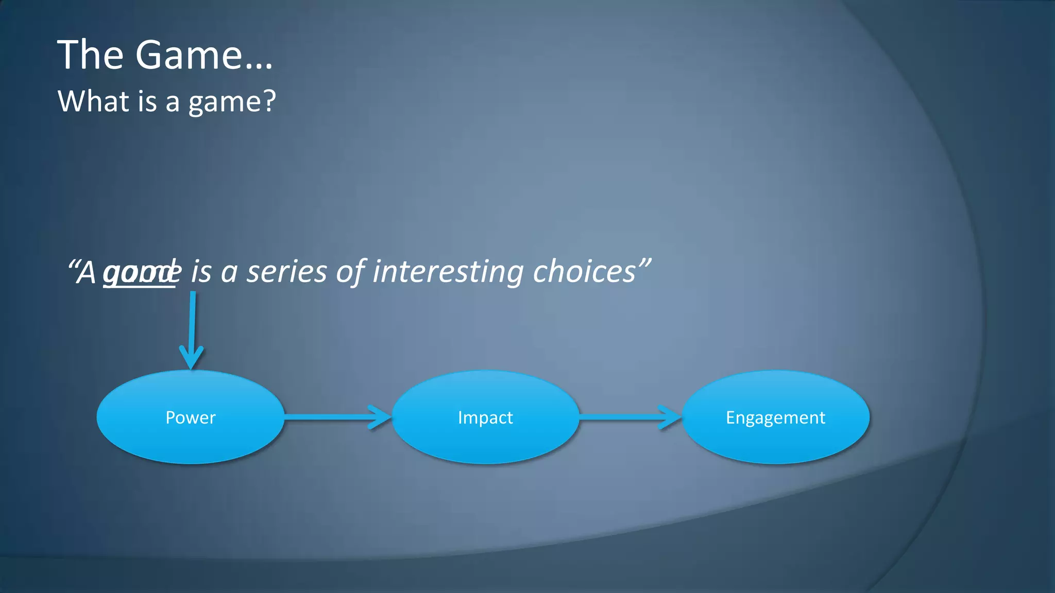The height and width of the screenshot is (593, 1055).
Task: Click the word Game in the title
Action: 188,55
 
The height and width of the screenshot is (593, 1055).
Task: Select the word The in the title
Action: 90,55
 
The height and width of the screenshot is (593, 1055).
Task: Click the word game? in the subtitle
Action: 232,102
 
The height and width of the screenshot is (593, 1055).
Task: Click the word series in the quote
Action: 286,272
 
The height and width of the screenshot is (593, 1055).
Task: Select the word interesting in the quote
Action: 448,272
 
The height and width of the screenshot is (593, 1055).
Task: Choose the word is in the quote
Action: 201,272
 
